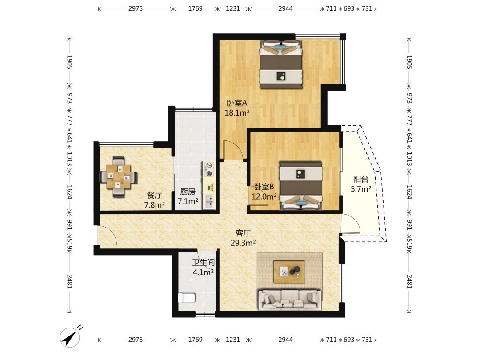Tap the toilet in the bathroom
coord(187,297)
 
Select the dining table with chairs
coord(119,177)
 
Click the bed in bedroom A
coord(281,64)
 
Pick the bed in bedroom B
coord(301,186)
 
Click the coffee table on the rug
coord(289,272)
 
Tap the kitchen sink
coord(209,201)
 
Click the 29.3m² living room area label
coord(243,243)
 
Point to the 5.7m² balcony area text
coord(361,189)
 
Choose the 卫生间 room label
coord(203,262)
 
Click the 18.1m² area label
coord(237,113)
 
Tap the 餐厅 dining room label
coord(154,195)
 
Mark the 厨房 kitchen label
coord(188,192)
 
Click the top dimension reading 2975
coord(135,8)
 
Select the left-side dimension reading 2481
coord(69,281)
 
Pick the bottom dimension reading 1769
coord(195,340)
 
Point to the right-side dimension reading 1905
coord(409,62)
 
